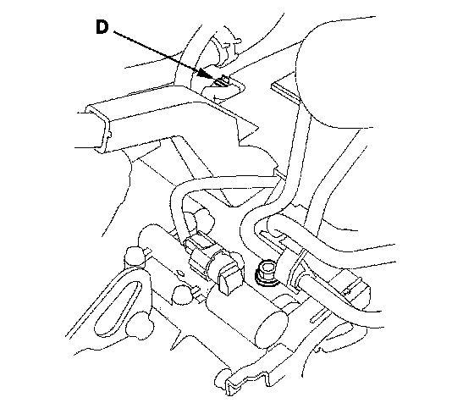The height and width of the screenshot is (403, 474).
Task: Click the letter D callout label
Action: pyautogui.click(x=102, y=27)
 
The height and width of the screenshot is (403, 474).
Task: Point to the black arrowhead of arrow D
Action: pyautogui.click(x=205, y=73)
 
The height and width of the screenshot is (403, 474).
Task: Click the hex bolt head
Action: pyautogui.click(x=267, y=269)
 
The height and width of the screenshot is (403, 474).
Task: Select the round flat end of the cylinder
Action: pyautogui.click(x=272, y=329)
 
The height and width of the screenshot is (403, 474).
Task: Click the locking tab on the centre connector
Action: pyautogui.click(x=229, y=282)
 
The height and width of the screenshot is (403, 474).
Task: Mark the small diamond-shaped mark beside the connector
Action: pyautogui.click(x=180, y=273)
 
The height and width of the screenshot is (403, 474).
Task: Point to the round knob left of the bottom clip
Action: pyautogui.click(x=222, y=378)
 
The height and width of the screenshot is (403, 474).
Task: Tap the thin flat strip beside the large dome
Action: pyautogui.click(x=287, y=91)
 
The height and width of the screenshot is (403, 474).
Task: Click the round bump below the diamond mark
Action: pyautogui.click(x=183, y=294)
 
